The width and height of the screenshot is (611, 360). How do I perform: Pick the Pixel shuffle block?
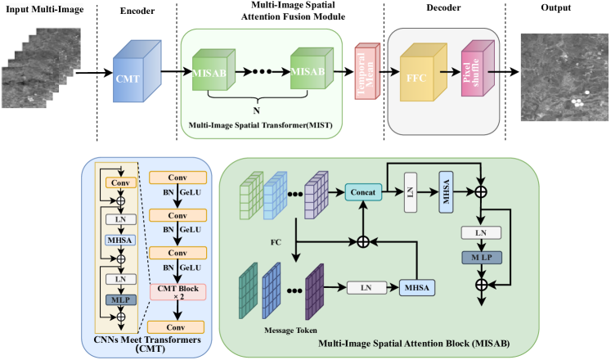coord(472,72)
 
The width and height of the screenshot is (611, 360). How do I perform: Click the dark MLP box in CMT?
coord(120,299)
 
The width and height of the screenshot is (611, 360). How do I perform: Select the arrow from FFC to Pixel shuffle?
coord(447,72)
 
